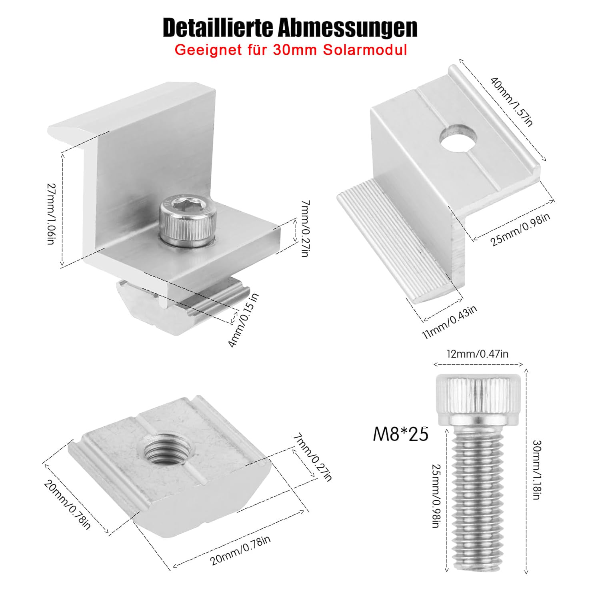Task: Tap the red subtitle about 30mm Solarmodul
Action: (291, 50)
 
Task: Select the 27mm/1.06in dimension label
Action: (51, 214)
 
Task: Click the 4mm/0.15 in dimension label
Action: (243, 320)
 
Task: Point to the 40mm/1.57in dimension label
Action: (512, 102)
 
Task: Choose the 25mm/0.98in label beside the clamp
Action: (520, 230)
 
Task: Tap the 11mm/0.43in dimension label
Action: (450, 322)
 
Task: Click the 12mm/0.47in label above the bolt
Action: (478, 354)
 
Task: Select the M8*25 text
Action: (400, 434)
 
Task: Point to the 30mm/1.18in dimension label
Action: (537, 470)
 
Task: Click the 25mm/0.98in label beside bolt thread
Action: (436, 496)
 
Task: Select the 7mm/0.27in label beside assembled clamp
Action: (304, 228)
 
